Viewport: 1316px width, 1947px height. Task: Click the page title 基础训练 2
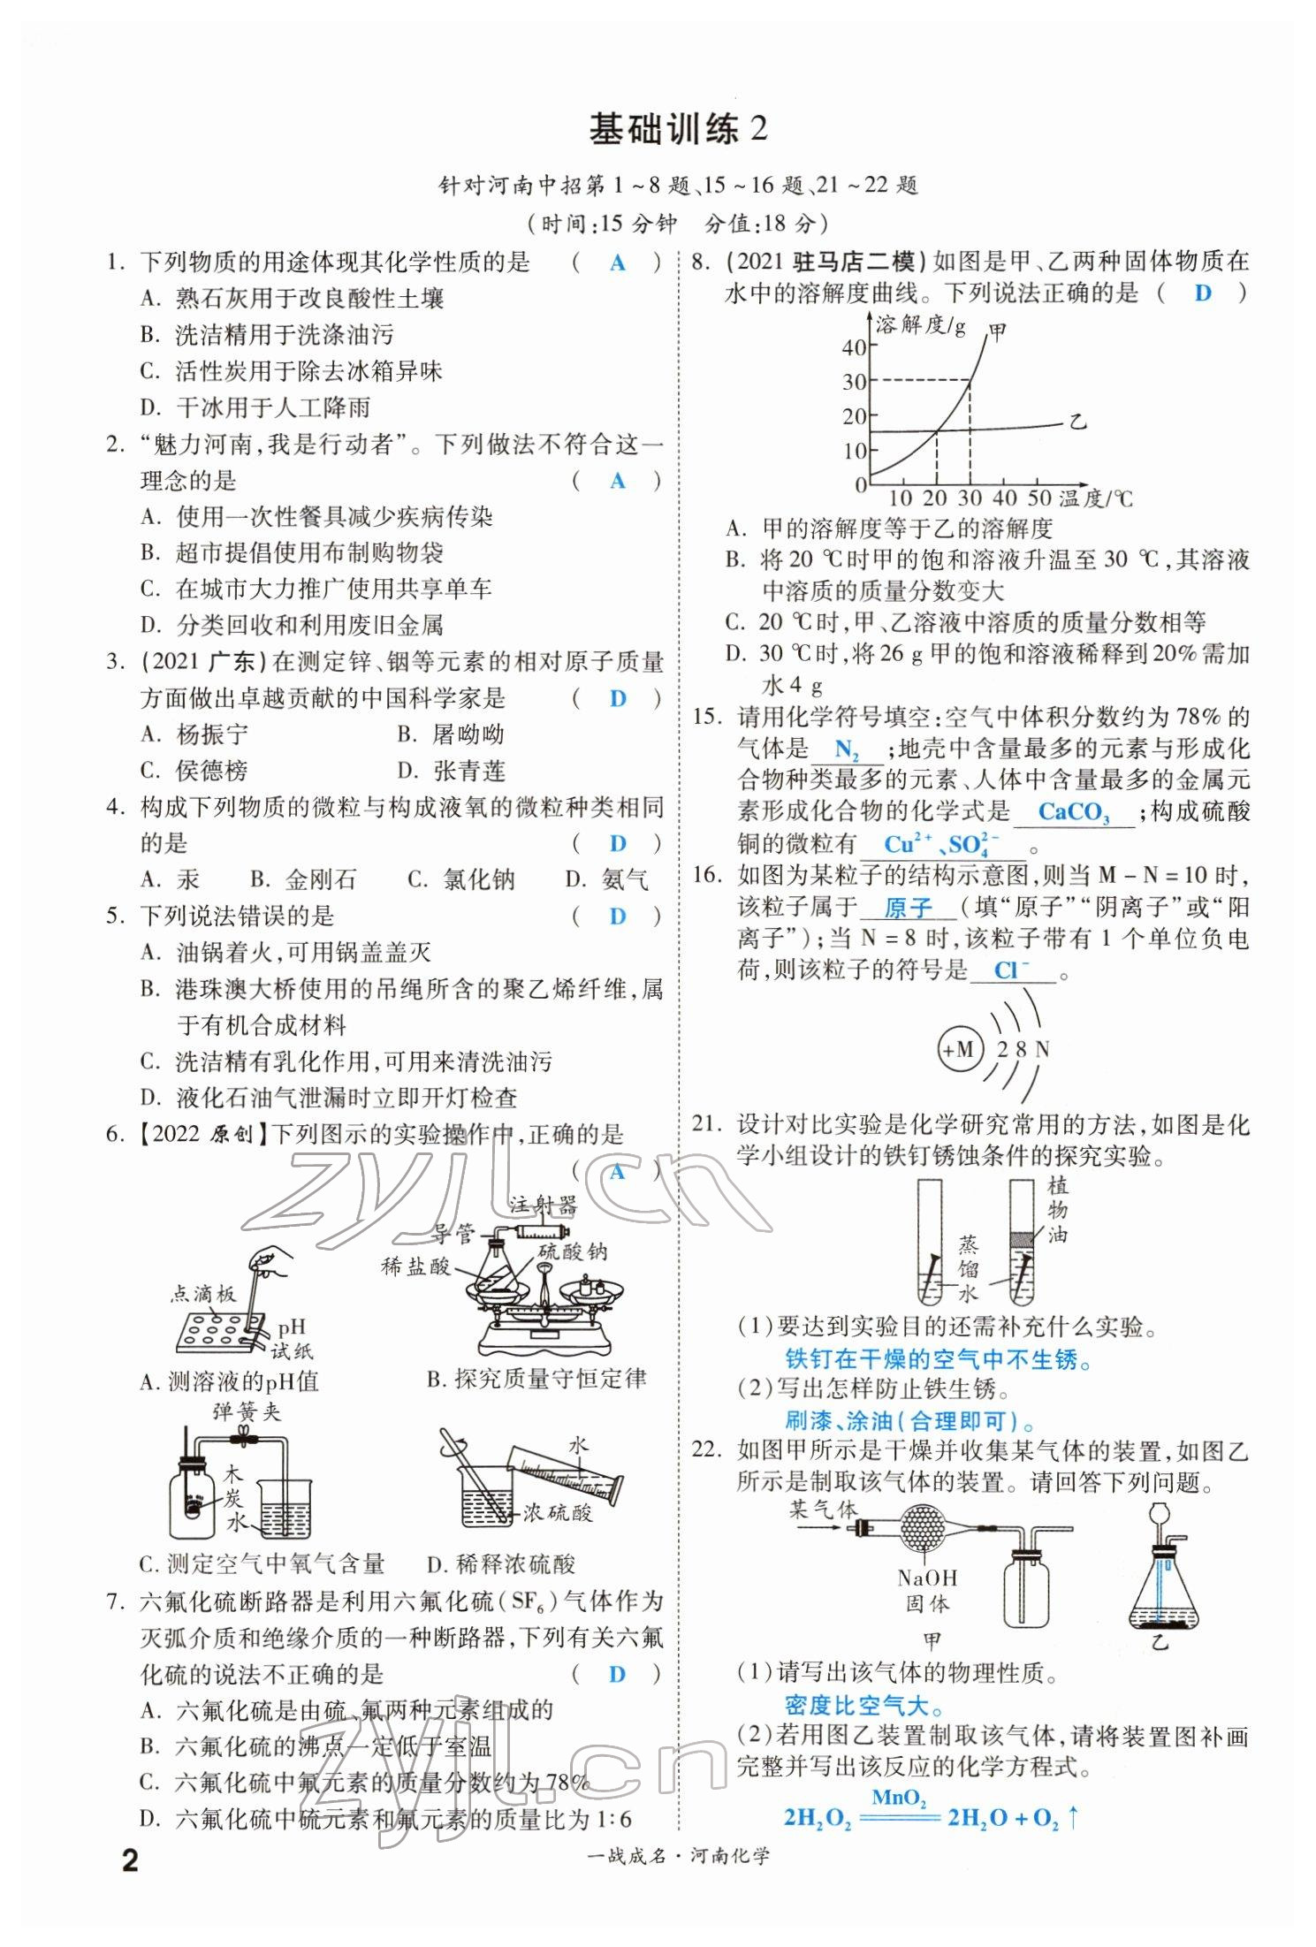[x=678, y=130]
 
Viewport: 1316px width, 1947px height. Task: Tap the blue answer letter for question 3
[x=617, y=698]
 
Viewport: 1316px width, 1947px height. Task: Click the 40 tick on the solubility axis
[x=854, y=346]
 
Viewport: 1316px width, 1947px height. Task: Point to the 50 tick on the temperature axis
[x=1039, y=498]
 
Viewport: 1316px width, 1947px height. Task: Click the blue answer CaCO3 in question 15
[x=1073, y=812]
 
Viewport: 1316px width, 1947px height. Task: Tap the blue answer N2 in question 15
[x=846, y=750]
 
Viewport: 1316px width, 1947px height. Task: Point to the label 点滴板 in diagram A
[x=203, y=1295]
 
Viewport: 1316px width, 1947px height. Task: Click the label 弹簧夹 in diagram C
[x=246, y=1411]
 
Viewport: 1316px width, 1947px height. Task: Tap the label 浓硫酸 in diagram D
[x=557, y=1512]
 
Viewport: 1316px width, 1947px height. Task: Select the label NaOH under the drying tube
[x=927, y=1578]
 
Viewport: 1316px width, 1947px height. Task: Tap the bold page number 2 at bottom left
[x=130, y=1861]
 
